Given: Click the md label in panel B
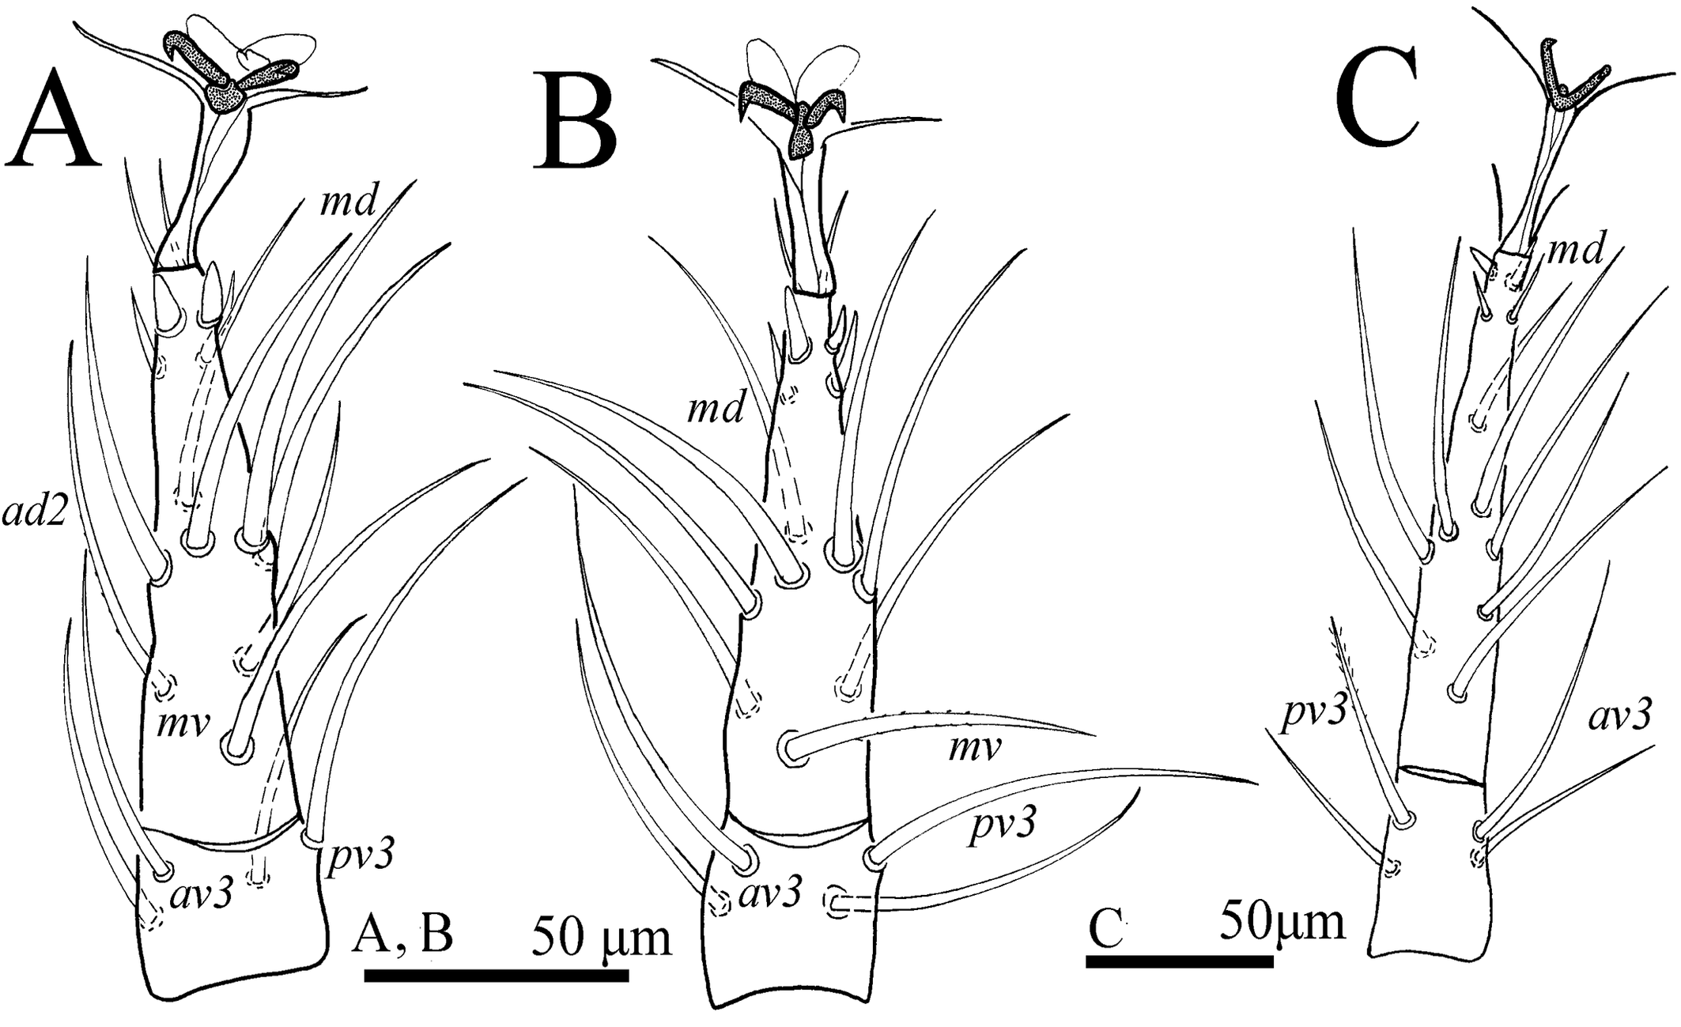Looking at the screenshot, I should click(x=715, y=409).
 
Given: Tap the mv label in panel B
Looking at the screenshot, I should click(x=973, y=747).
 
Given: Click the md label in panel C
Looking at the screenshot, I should click(x=1574, y=251).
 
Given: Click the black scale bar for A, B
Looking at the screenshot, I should click(x=496, y=975).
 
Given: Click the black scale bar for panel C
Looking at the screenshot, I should click(x=1179, y=961).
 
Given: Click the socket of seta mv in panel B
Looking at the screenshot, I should click(x=791, y=747).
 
